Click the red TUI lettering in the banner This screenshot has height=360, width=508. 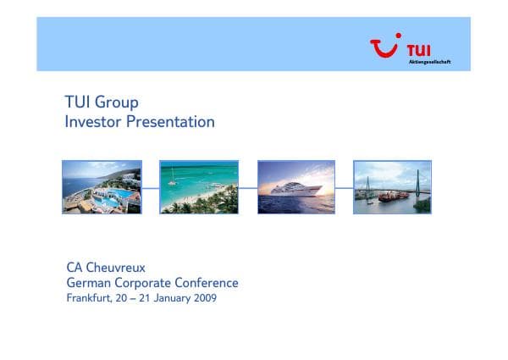pos(419,48)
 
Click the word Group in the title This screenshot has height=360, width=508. pos(118,102)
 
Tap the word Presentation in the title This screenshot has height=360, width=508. pos(170,122)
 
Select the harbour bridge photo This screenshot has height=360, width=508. pos(392,187)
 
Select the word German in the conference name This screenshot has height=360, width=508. pos(91,283)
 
